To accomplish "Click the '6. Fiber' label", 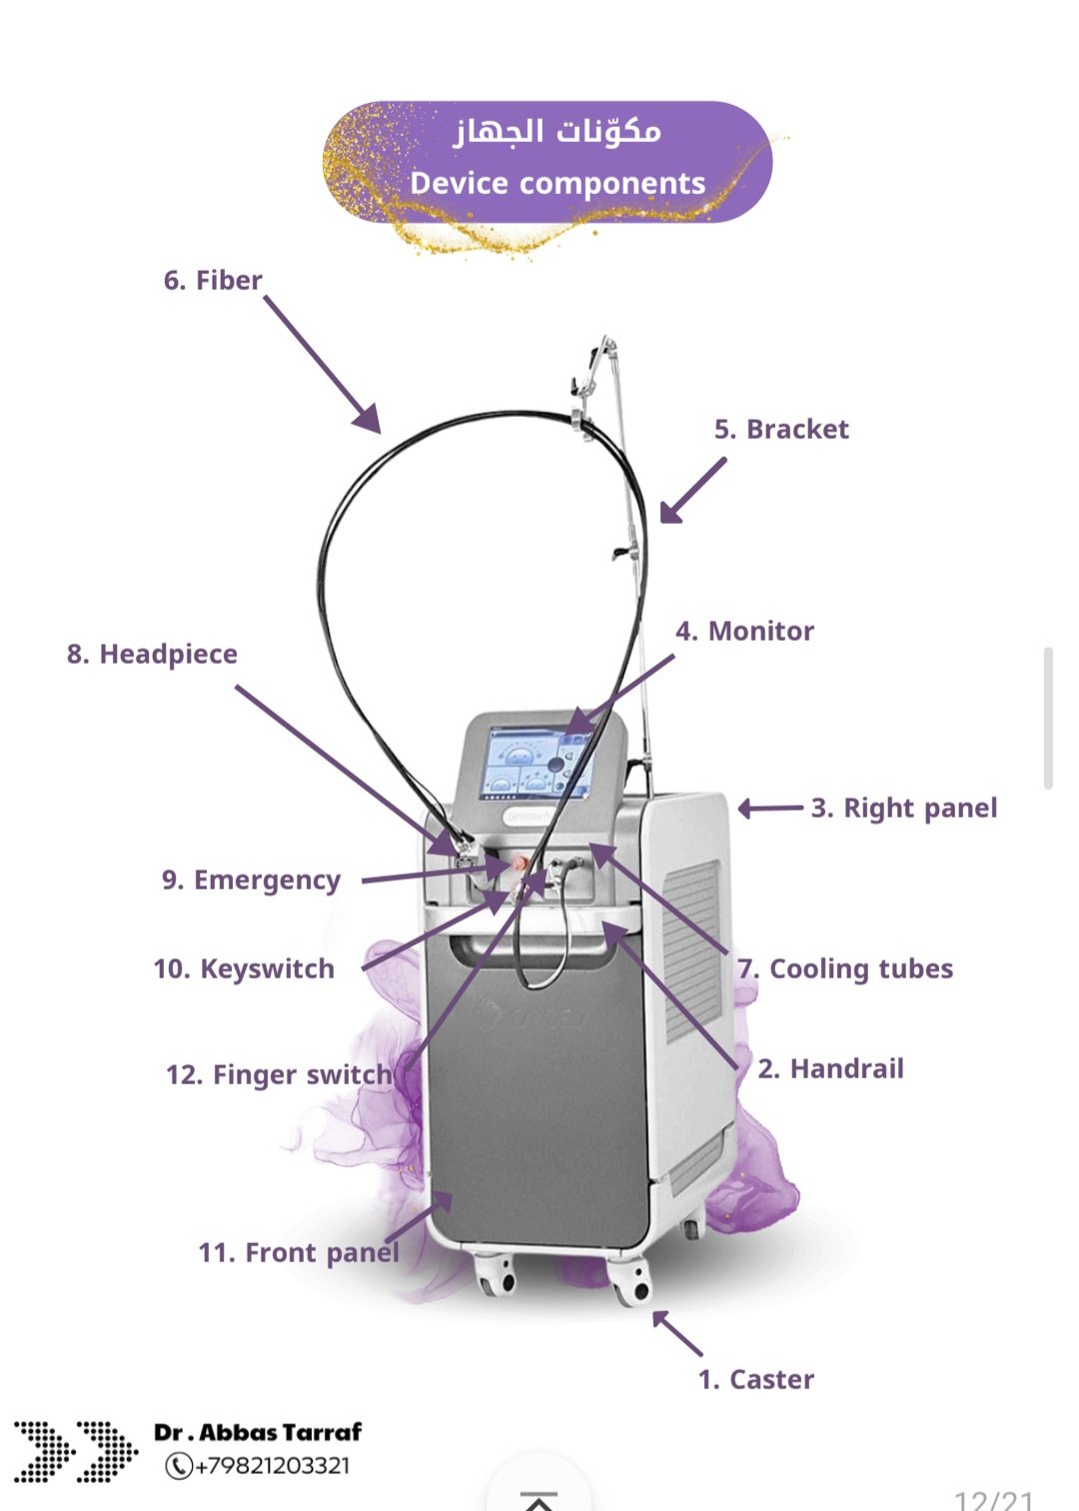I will point(213,281).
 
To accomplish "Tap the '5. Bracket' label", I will point(781,430).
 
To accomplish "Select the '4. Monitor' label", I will point(744,632).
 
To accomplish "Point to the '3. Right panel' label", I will point(903,808).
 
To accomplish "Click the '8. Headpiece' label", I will point(152,655).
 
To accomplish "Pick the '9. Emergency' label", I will point(251,880).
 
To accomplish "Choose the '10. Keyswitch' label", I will point(244,969).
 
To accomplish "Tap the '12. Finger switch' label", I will point(279,1075).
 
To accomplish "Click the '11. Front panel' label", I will point(299,1253).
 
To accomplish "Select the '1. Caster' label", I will point(755,1380).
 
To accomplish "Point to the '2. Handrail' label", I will point(830,1069).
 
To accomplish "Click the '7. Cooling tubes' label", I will point(845,969).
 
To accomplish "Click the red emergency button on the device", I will point(521,862).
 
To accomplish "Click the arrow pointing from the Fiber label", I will point(322,365).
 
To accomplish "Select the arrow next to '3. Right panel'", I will point(770,808).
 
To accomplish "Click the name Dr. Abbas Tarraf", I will point(258,1432).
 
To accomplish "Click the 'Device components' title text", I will point(557,184).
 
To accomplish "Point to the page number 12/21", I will point(993,1500).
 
